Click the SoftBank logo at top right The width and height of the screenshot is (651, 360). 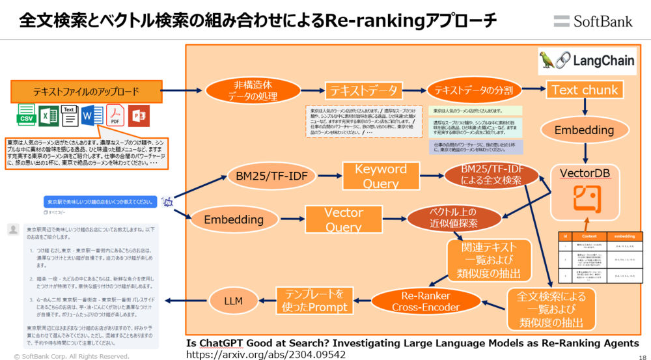pyautogui.click(x=592, y=21)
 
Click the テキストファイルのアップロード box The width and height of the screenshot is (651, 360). pyautogui.click(x=86, y=91)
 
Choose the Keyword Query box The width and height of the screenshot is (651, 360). pyautogui.click(x=381, y=176)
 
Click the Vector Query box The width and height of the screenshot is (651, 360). pyautogui.click(x=344, y=220)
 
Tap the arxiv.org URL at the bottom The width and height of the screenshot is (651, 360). pyautogui.click(x=266, y=354)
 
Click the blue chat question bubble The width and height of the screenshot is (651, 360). pyautogui.click(x=100, y=202)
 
